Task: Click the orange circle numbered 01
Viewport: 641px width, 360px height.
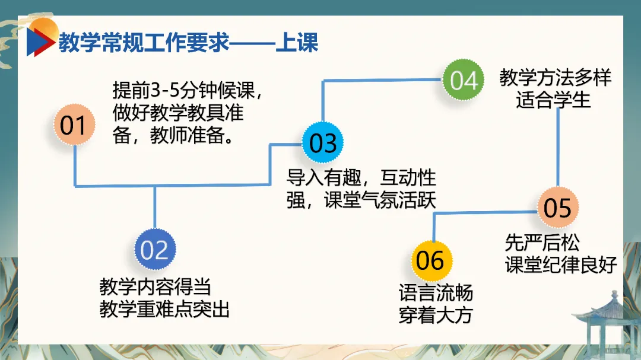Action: (74, 125)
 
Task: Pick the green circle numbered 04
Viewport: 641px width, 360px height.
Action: (464, 80)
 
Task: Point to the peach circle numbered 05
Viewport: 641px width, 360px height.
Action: (557, 207)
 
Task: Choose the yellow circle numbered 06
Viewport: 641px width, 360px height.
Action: (431, 260)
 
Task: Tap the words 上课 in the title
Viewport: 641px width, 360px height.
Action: (297, 43)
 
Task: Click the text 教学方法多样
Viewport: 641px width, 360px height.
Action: (555, 77)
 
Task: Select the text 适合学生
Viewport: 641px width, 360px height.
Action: (553, 100)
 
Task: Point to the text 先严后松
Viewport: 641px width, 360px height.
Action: (542, 243)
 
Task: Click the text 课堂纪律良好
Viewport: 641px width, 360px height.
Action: (561, 265)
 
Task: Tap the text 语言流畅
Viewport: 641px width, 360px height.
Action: (436, 294)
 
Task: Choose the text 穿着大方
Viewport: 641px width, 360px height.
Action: (436, 315)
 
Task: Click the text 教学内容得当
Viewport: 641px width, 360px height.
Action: (156, 288)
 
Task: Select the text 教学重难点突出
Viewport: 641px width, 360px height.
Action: (164, 310)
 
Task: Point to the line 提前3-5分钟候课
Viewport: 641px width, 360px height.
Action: (186, 91)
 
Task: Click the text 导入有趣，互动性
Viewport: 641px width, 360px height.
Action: (361, 177)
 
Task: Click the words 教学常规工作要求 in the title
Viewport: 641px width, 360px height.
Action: (144, 43)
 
